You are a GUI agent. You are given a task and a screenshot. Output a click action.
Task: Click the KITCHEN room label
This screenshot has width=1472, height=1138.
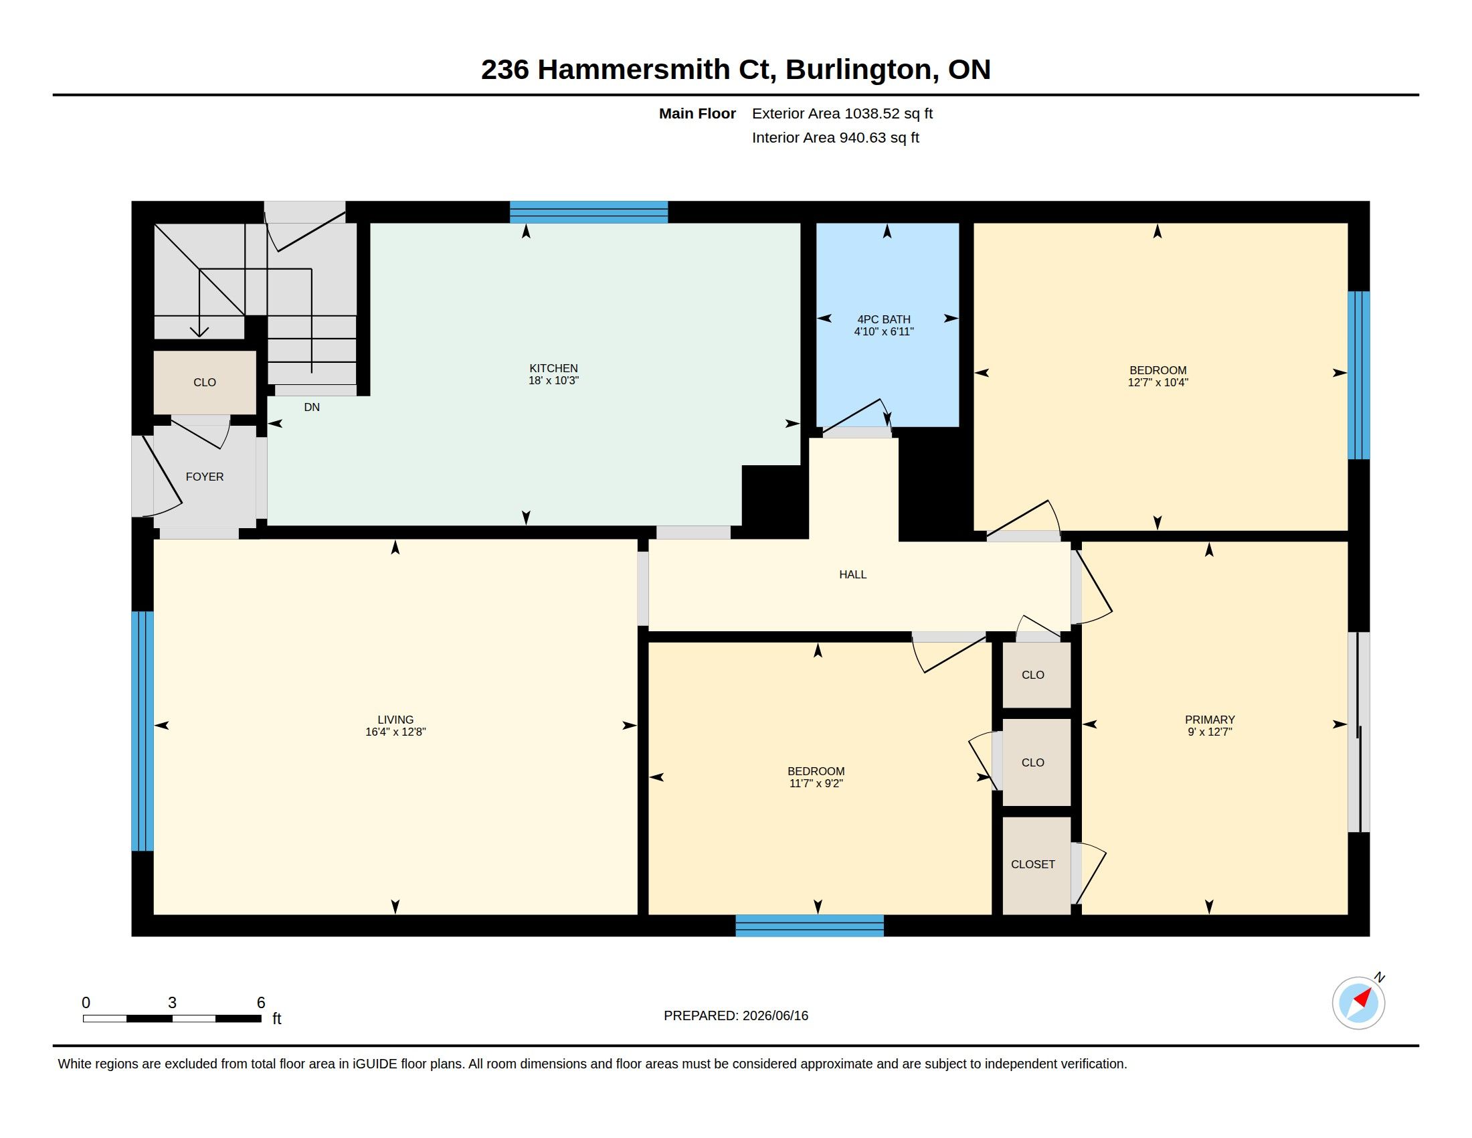pos(553,368)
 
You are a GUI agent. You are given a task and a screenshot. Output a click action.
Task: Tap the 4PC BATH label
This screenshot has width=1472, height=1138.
pos(884,319)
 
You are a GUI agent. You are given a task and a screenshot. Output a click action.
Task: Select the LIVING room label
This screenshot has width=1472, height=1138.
pos(395,720)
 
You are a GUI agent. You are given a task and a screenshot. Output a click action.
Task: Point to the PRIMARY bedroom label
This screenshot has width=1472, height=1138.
pos(1210,720)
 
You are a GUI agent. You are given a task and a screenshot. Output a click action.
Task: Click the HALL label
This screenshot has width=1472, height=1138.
pos(852,574)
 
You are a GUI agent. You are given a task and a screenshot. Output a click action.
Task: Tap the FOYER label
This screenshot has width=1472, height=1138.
pos(205,477)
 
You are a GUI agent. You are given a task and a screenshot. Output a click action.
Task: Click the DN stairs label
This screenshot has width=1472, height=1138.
pos(311,407)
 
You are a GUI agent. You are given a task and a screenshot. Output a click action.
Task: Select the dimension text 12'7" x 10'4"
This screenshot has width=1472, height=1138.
pos(1158,382)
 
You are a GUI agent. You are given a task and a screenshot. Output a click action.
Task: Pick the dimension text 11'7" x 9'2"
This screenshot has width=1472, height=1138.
pos(816,783)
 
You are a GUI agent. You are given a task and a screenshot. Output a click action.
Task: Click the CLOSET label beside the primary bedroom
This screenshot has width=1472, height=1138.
pos(1032,864)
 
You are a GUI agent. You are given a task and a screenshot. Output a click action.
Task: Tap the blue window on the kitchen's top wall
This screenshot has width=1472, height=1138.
pos(588,212)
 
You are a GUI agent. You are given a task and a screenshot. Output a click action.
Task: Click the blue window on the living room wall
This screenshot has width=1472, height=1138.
pos(143,731)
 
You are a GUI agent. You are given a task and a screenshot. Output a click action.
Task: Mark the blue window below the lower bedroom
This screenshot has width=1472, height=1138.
pos(810,926)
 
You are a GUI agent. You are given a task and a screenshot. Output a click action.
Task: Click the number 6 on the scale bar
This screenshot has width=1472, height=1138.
pos(261,1003)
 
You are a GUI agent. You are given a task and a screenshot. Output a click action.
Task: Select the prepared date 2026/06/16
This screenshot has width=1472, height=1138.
pos(775,1016)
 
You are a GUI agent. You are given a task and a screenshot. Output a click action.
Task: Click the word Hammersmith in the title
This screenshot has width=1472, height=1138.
pos(634,70)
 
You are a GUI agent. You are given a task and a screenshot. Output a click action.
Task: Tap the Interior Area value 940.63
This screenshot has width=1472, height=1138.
pos(862,138)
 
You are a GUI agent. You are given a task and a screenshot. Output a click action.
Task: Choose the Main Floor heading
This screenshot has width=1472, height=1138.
pos(697,114)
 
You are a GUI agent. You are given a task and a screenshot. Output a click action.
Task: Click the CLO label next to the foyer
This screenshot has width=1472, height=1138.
pos(205,382)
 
